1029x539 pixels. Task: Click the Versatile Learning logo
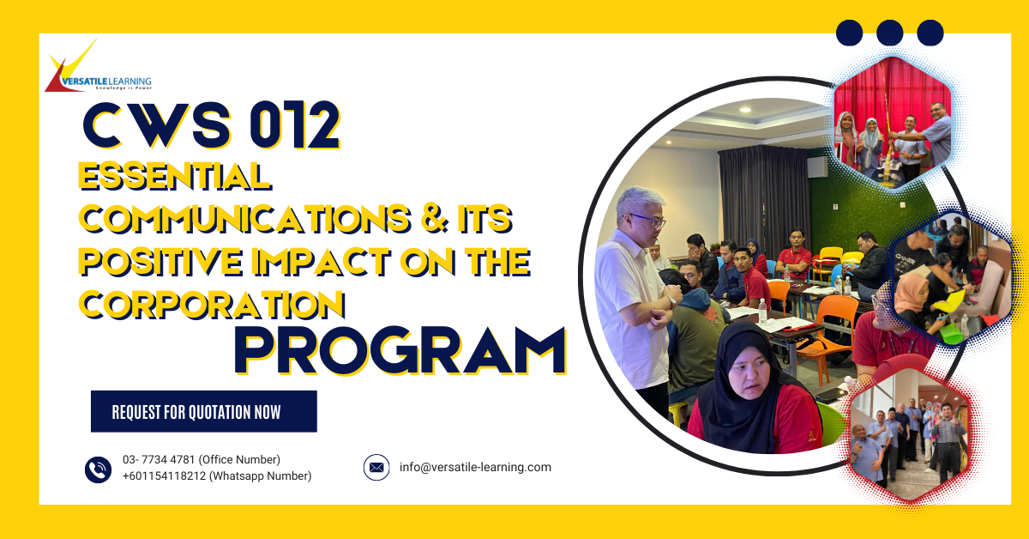[97, 70]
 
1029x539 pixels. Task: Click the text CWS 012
[211, 125]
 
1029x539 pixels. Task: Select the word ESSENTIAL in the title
[175, 177]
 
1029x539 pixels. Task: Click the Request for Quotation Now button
[204, 412]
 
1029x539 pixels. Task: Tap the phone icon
[98, 469]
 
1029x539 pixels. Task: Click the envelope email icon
[376, 468]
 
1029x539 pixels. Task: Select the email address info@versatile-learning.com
[475, 468]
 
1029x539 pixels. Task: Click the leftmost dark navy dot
[849, 33]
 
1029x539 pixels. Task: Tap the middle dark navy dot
[889, 33]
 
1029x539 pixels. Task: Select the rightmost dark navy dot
[930, 33]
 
